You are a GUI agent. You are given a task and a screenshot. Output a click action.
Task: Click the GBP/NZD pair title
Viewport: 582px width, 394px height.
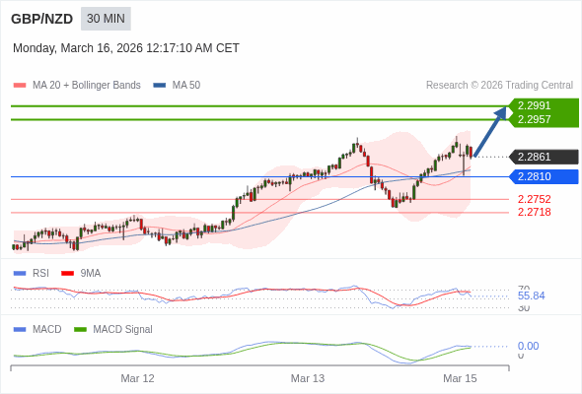[x=41, y=19]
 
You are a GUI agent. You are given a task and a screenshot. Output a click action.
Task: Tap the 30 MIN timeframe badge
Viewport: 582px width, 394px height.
[x=106, y=19]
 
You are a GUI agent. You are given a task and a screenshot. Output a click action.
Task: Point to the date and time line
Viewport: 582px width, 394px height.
[x=126, y=48]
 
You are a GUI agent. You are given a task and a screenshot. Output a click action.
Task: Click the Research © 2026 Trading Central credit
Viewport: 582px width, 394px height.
[x=499, y=86]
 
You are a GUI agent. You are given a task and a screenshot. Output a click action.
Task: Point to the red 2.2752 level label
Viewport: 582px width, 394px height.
[x=534, y=199]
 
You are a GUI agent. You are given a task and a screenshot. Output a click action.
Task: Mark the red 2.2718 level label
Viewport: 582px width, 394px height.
[x=534, y=212]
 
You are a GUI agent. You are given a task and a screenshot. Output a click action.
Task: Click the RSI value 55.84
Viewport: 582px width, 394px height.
[x=531, y=295]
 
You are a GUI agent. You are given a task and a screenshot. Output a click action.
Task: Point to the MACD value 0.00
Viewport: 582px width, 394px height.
[x=528, y=346]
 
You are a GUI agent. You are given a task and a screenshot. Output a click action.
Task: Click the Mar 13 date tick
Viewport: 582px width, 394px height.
[x=308, y=378]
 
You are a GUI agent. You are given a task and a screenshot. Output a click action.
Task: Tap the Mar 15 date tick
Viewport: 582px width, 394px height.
[x=460, y=378]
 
